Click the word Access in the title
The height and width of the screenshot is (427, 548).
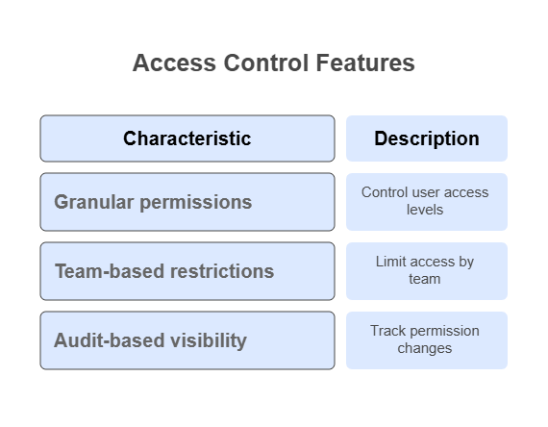[x=174, y=63]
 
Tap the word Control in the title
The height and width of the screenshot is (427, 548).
[x=266, y=63]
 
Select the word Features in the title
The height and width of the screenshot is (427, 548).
[x=365, y=63]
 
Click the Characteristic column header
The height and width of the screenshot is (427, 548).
[x=187, y=138]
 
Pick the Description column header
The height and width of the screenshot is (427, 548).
[x=427, y=138]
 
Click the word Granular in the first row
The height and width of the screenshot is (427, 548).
[x=94, y=202]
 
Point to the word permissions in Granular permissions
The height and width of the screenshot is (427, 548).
[x=196, y=203]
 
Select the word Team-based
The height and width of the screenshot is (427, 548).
[x=108, y=271]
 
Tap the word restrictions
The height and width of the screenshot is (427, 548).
[x=220, y=271]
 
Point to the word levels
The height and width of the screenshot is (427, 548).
[x=425, y=210]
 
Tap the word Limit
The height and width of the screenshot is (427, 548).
[x=388, y=262]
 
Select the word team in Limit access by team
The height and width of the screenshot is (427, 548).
[x=425, y=279]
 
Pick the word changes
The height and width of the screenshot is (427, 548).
[x=425, y=349]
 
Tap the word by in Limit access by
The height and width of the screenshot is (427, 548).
[x=465, y=263]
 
